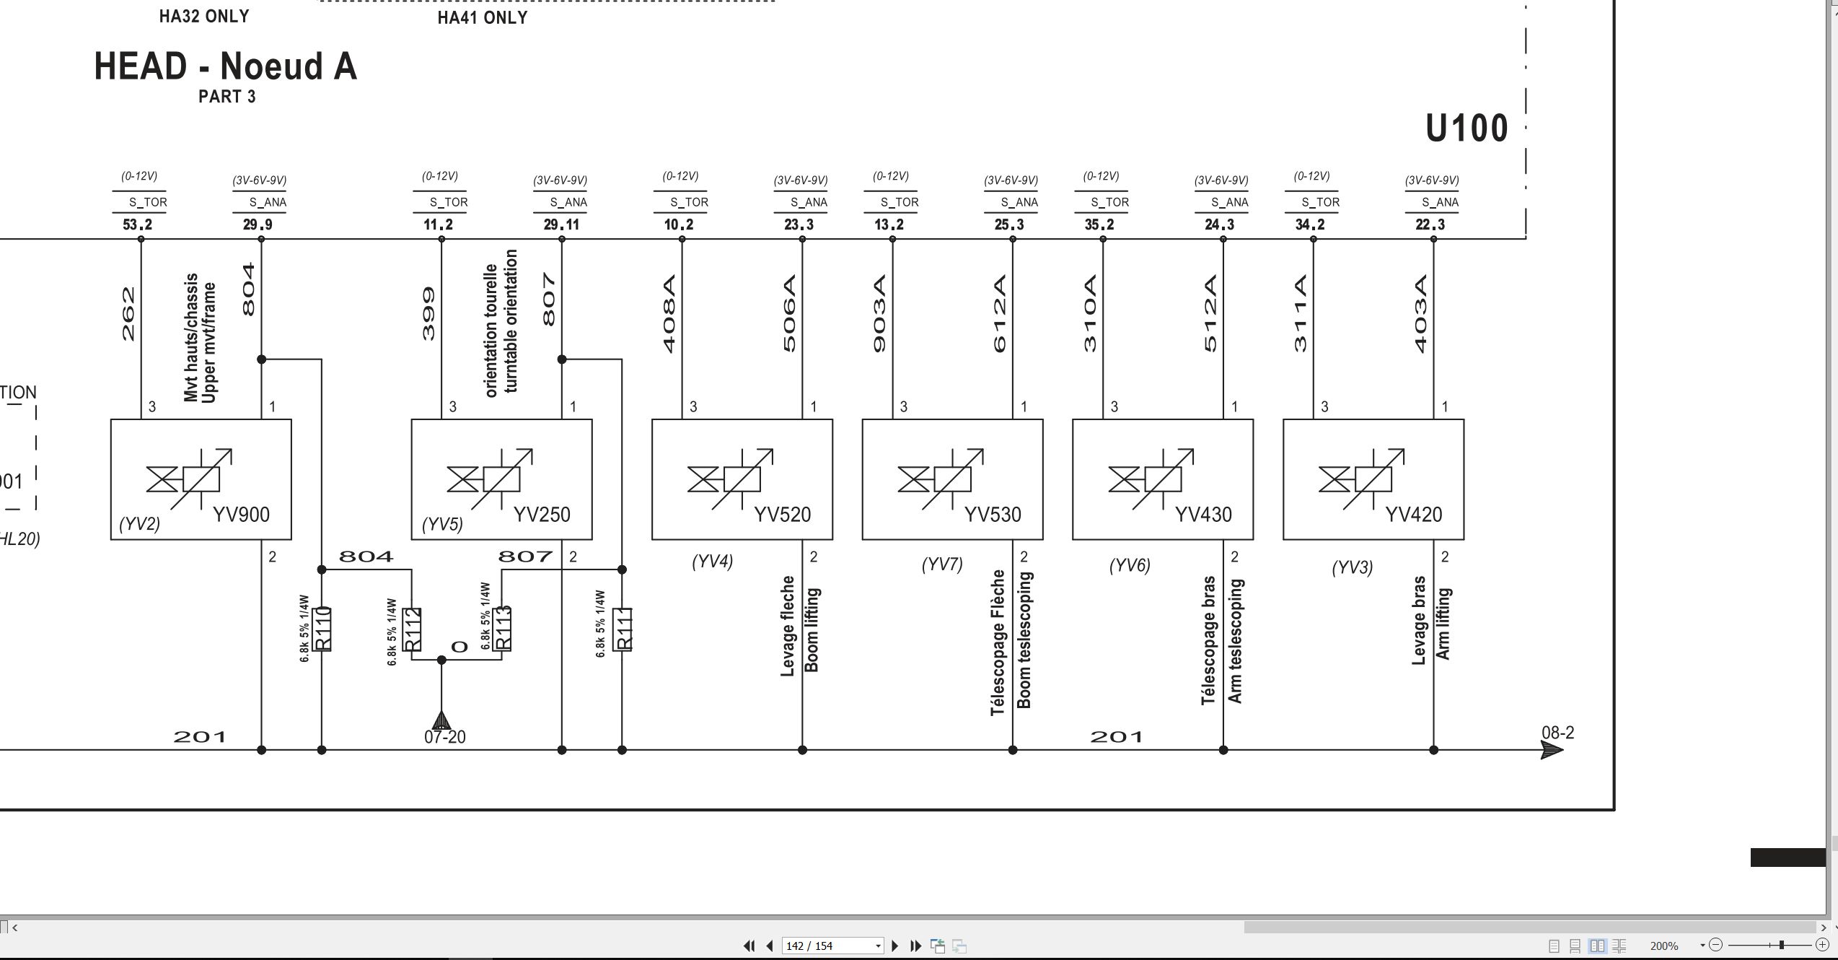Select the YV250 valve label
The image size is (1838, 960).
click(542, 515)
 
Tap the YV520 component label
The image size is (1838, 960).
click(783, 515)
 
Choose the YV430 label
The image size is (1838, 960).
click(1203, 515)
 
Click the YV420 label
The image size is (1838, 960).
click(1414, 515)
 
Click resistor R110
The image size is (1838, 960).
click(322, 629)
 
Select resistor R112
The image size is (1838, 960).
click(412, 629)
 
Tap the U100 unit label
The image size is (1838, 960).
click(1467, 128)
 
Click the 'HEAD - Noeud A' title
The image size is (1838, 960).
click(226, 66)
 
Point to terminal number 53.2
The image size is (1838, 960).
click(138, 224)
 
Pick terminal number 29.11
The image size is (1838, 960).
click(561, 224)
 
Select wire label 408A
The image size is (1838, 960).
click(669, 314)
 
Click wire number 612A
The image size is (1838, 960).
click(999, 314)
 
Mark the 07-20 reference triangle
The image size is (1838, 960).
click(441, 720)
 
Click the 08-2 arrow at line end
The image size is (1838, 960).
click(1552, 750)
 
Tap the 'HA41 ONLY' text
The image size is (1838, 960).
click(483, 17)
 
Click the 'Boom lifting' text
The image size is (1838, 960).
click(812, 629)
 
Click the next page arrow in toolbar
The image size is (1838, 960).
click(895, 946)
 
